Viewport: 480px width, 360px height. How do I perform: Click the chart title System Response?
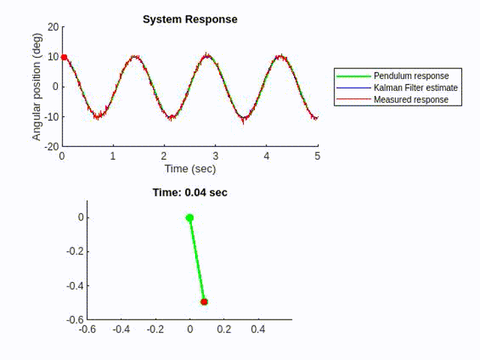pyautogui.click(x=190, y=19)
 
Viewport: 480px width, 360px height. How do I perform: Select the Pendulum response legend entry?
pyautogui.click(x=411, y=76)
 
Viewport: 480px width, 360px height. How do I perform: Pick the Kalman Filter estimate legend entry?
pyautogui.click(x=415, y=88)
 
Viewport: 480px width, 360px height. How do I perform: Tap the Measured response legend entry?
pyautogui.click(x=411, y=99)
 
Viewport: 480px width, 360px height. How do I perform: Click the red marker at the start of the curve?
pyautogui.click(x=64, y=57)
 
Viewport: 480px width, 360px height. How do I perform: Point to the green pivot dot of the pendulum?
pyautogui.click(x=190, y=218)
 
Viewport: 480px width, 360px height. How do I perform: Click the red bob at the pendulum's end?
pyautogui.click(x=204, y=301)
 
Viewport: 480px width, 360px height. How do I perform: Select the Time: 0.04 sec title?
pyautogui.click(x=190, y=193)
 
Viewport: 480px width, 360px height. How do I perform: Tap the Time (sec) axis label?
pyautogui.click(x=190, y=169)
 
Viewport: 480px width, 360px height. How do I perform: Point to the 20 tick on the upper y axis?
pyautogui.click(x=52, y=26)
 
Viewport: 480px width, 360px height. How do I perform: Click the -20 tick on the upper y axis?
pyautogui.click(x=51, y=146)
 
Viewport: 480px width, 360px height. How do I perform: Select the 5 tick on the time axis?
pyautogui.click(x=317, y=156)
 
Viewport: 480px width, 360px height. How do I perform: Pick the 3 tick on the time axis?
pyautogui.click(x=215, y=156)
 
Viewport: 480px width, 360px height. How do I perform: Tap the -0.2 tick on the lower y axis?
pyautogui.click(x=72, y=252)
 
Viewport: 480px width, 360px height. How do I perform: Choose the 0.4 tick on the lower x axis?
pyautogui.click(x=258, y=328)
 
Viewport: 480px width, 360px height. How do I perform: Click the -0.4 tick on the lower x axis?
pyautogui.click(x=121, y=328)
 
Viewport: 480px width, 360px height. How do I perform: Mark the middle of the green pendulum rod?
pyautogui.click(x=196, y=260)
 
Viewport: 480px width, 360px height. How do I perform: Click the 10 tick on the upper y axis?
pyautogui.click(x=52, y=56)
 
